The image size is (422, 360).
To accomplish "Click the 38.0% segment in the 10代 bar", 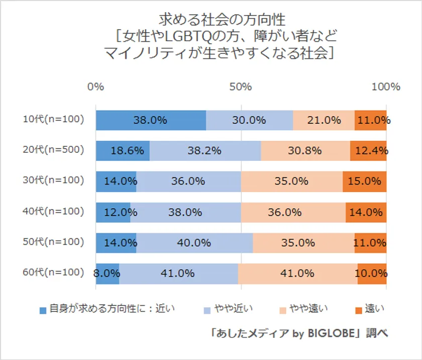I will (x=151, y=120).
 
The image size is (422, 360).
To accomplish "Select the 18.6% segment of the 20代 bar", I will (x=123, y=151).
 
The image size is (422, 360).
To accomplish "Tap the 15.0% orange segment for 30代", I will (x=365, y=182).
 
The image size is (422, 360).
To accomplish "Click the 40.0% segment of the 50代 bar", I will (x=194, y=243).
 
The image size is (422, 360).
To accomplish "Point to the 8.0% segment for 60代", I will (x=107, y=274).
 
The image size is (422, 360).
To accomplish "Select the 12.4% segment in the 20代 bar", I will (x=368, y=151).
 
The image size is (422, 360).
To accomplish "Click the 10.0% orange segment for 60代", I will (x=372, y=274).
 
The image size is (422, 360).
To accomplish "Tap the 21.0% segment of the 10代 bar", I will (x=324, y=120).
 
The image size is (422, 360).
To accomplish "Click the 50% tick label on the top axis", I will (x=241, y=86).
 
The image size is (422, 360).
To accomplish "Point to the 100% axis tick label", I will (x=385, y=86).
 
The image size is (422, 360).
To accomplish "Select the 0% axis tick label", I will (x=95, y=86).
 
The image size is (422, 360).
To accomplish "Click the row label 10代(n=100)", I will (x=53, y=119).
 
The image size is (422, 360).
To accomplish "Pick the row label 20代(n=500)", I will (x=53, y=150).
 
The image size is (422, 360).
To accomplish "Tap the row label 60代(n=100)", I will (x=53, y=273).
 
